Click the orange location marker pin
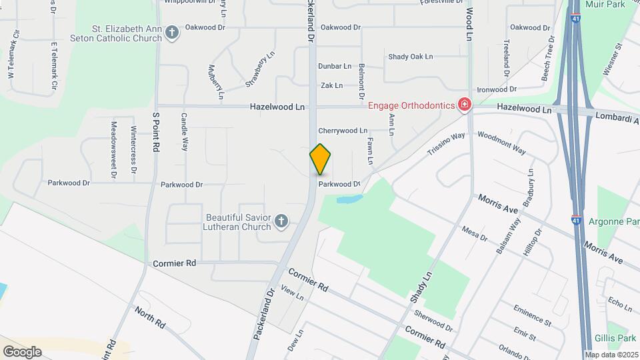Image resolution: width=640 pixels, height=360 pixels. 320,159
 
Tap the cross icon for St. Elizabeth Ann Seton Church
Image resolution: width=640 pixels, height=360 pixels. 173,32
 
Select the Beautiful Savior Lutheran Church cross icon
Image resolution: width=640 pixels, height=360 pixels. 281,221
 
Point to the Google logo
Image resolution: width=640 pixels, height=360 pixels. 22,351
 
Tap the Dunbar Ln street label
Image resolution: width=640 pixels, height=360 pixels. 335,66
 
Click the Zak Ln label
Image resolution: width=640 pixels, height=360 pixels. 331,85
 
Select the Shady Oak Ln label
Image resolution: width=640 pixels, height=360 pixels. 411,57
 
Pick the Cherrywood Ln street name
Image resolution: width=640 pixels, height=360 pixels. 343,131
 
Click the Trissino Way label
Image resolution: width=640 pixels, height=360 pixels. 446,144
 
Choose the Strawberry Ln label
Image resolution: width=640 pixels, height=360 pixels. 260,69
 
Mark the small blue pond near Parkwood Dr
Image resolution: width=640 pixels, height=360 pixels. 349,199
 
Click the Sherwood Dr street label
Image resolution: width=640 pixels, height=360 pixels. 433,321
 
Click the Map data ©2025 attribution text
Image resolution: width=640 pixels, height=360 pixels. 612,355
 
